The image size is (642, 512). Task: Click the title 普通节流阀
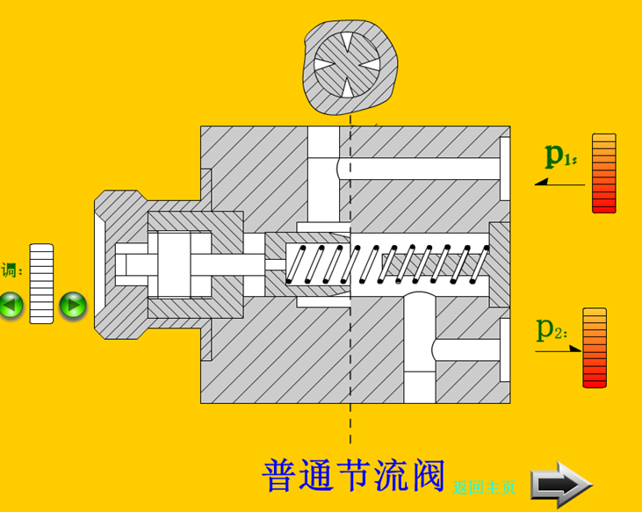tap(354, 475)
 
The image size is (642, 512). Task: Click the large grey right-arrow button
tap(561, 484)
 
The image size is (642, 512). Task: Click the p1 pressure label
tap(559, 155)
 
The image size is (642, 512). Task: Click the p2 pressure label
tap(552, 329)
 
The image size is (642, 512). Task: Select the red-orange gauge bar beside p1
tap(604, 173)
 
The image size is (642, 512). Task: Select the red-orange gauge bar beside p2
tap(595, 348)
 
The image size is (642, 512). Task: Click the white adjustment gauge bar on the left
tap(41, 283)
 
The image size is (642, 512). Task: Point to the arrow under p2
tap(559, 351)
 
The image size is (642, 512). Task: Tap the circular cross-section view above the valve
tap(348, 65)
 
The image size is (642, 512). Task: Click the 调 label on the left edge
tap(11, 270)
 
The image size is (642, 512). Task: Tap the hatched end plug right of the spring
tap(500, 263)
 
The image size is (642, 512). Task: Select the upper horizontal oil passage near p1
tap(422, 168)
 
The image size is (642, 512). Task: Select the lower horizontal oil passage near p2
tap(465, 350)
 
